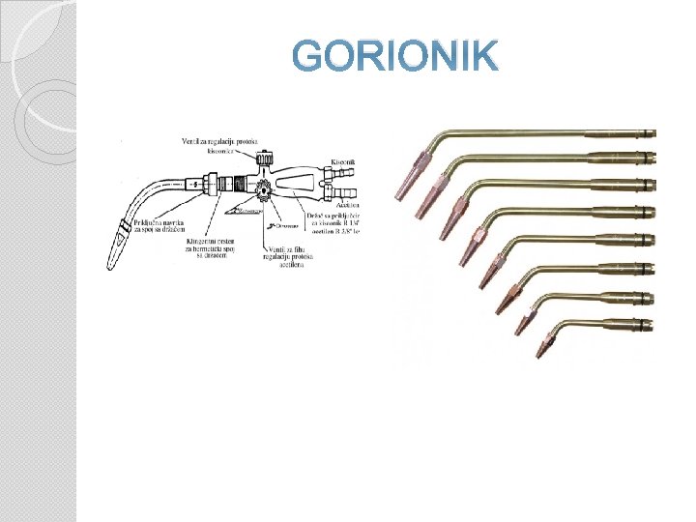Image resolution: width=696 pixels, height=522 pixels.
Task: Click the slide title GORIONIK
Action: click(395, 57)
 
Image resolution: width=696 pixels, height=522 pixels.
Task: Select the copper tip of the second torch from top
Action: click(425, 198)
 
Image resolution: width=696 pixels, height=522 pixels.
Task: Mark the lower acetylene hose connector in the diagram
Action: click(346, 194)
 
